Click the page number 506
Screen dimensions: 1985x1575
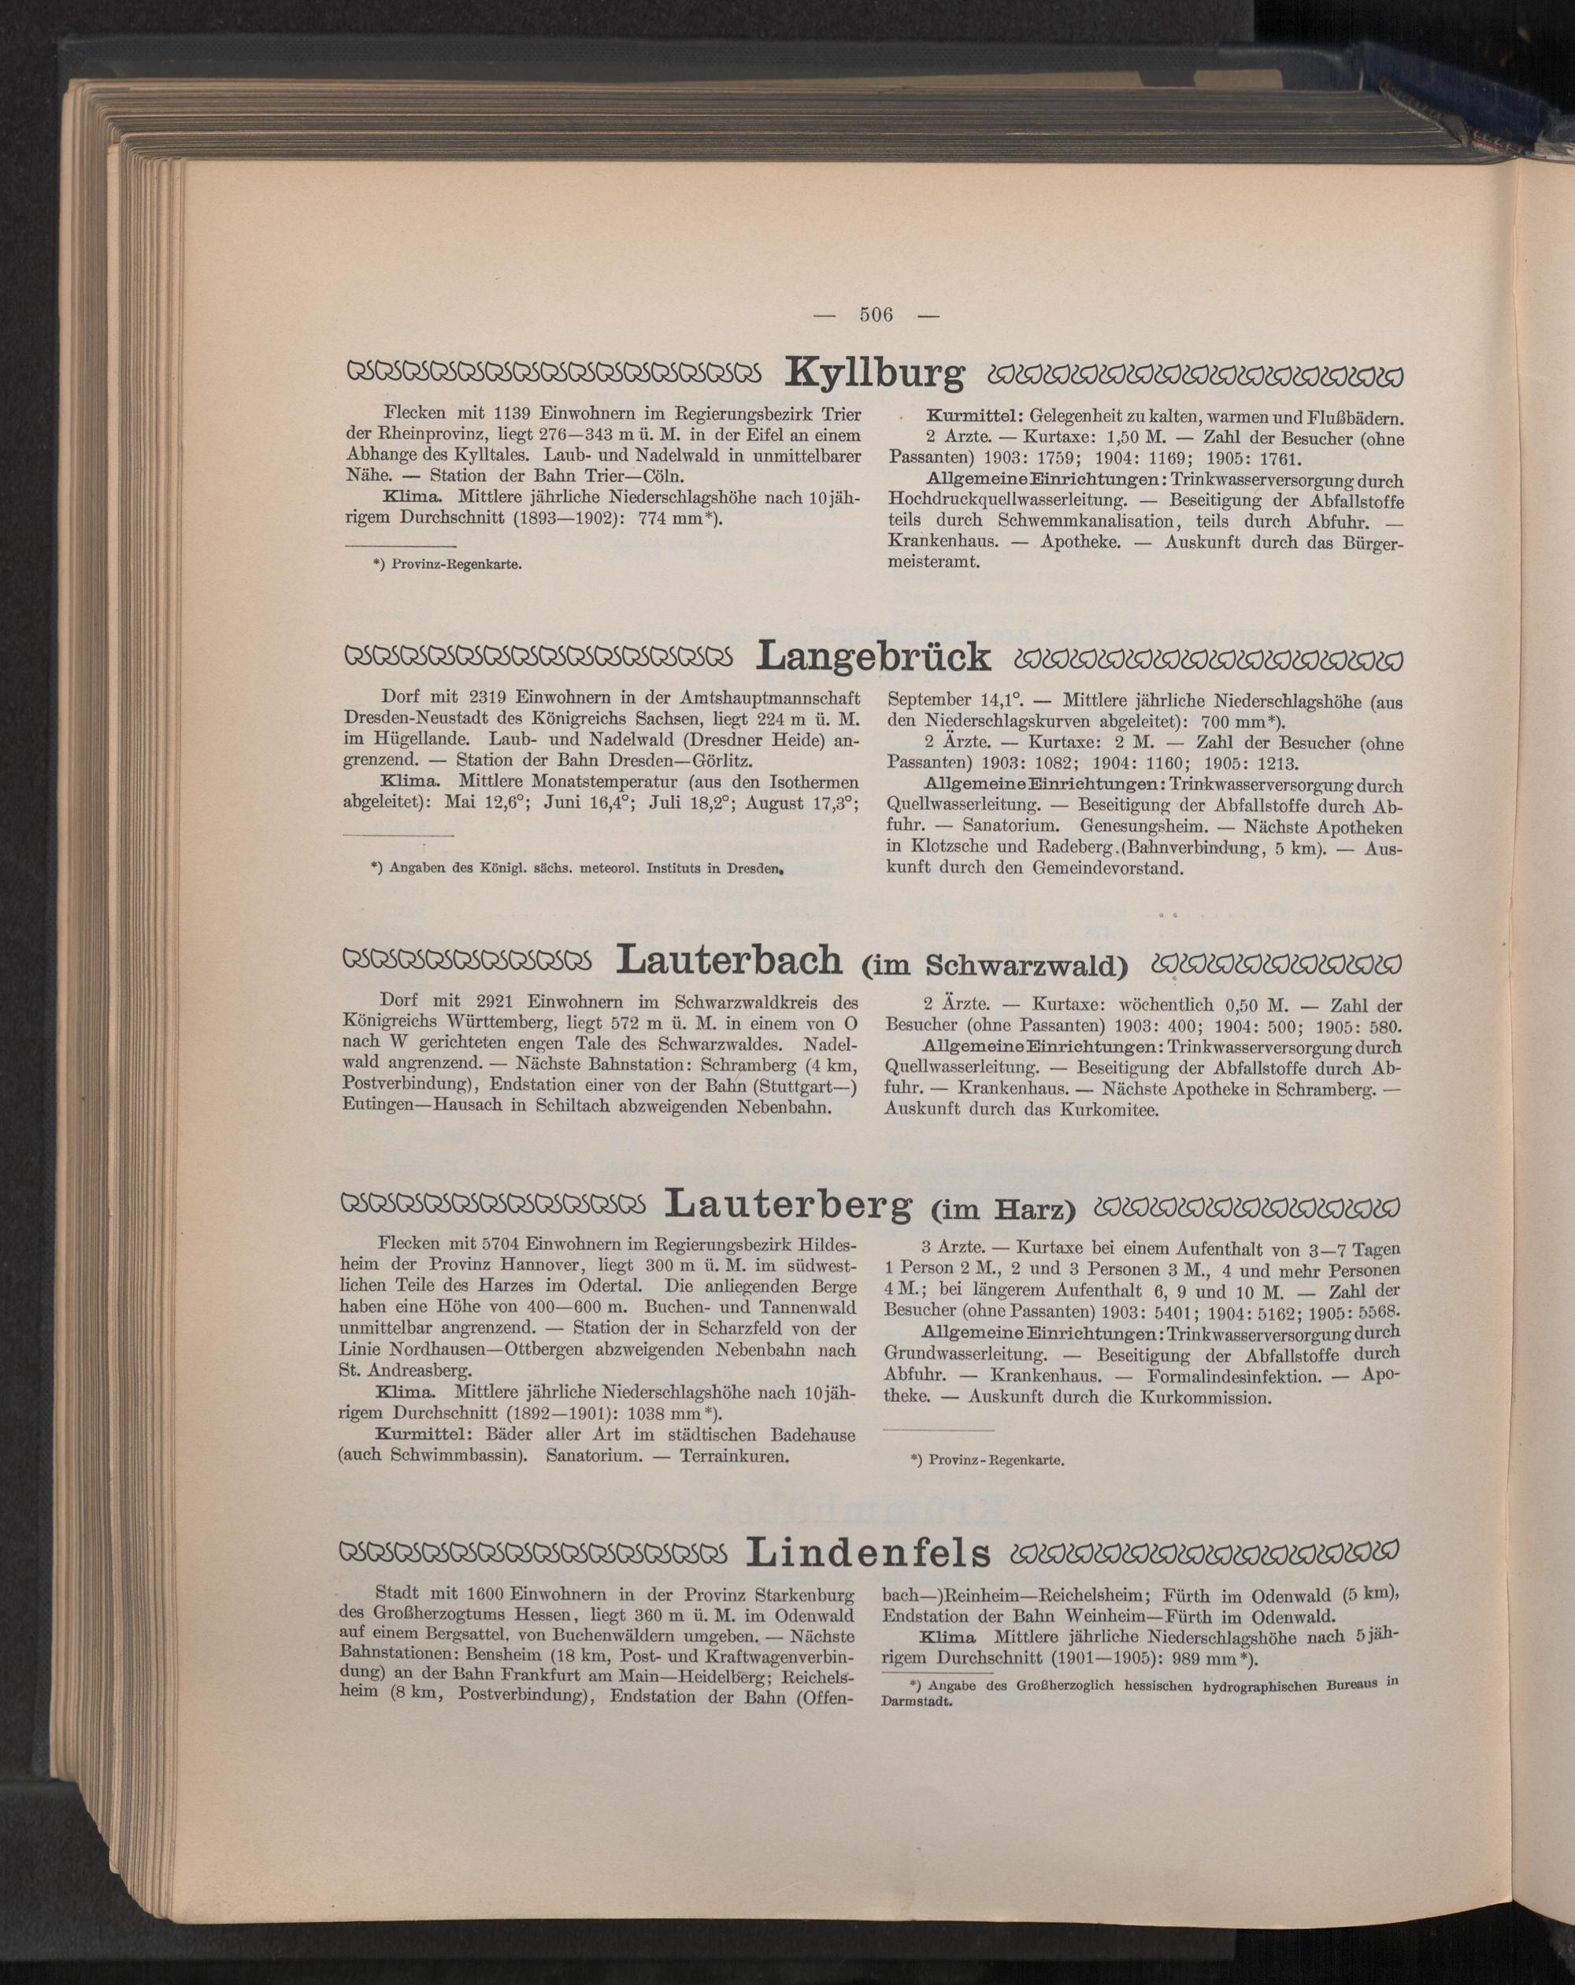pyautogui.click(x=876, y=315)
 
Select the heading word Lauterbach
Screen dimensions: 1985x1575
pyautogui.click(x=731, y=960)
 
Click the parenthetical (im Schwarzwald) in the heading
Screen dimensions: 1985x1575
pyautogui.click(x=995, y=965)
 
